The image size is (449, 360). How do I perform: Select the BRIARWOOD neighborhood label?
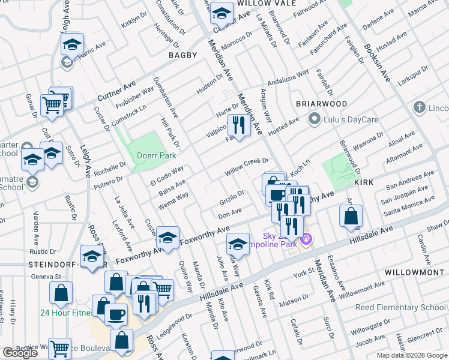click(322, 104)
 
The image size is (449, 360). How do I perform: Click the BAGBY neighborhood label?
click(182, 55)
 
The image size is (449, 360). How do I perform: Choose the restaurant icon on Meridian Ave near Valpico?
click(239, 125)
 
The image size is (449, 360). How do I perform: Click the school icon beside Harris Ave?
click(71, 44)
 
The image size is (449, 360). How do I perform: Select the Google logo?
click(20, 353)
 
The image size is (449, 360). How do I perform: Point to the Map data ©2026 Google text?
click(411, 355)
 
